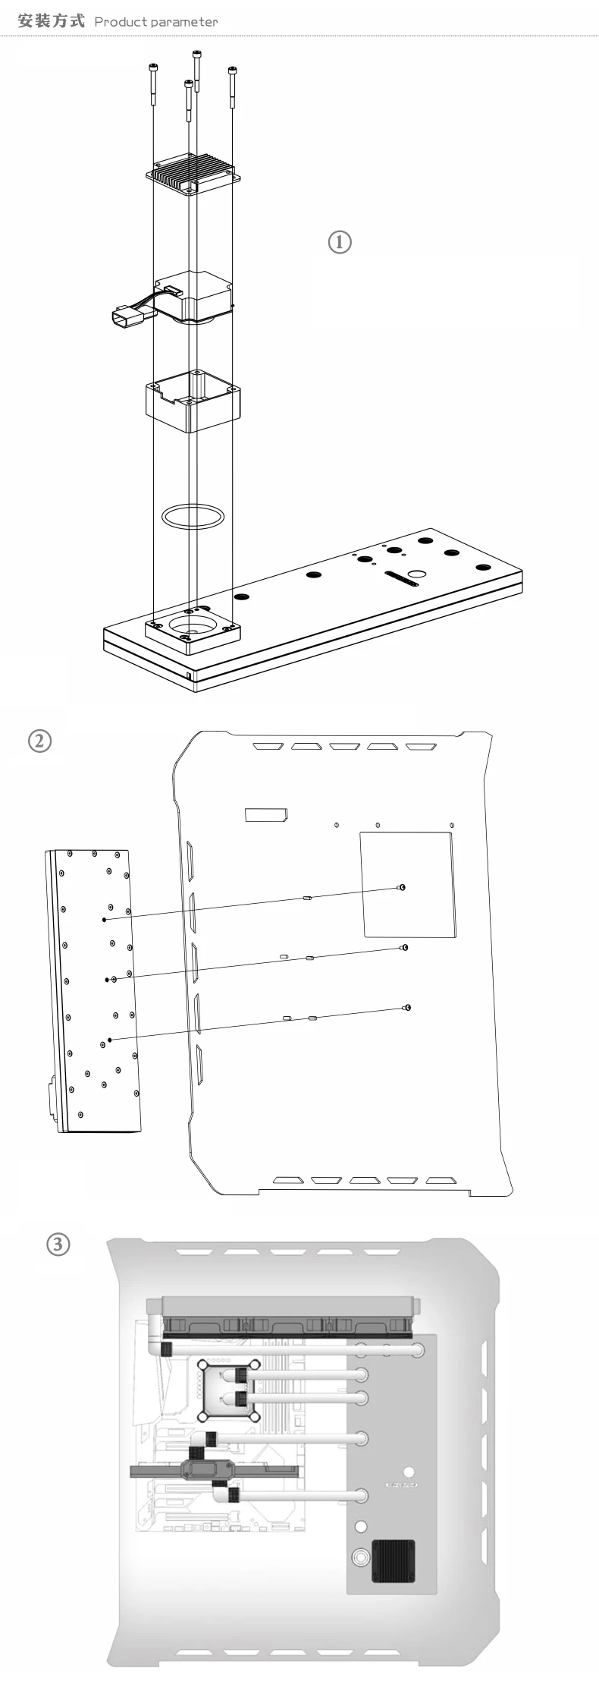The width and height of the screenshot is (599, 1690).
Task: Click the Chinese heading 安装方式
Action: coord(51,20)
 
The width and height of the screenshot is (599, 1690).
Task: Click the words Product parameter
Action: coord(155,22)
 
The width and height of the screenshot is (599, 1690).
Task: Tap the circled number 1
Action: coord(339,242)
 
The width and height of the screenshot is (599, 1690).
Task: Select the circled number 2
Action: coord(39,740)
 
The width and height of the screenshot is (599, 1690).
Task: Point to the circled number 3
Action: coord(58,1244)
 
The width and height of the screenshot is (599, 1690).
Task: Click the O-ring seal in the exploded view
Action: coord(193,516)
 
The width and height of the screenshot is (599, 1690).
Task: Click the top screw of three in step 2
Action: coord(402,887)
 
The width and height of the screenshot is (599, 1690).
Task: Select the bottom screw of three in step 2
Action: coord(407,1007)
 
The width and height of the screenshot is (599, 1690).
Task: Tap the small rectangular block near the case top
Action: coord(265,815)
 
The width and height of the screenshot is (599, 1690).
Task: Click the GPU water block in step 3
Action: coord(205,1470)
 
